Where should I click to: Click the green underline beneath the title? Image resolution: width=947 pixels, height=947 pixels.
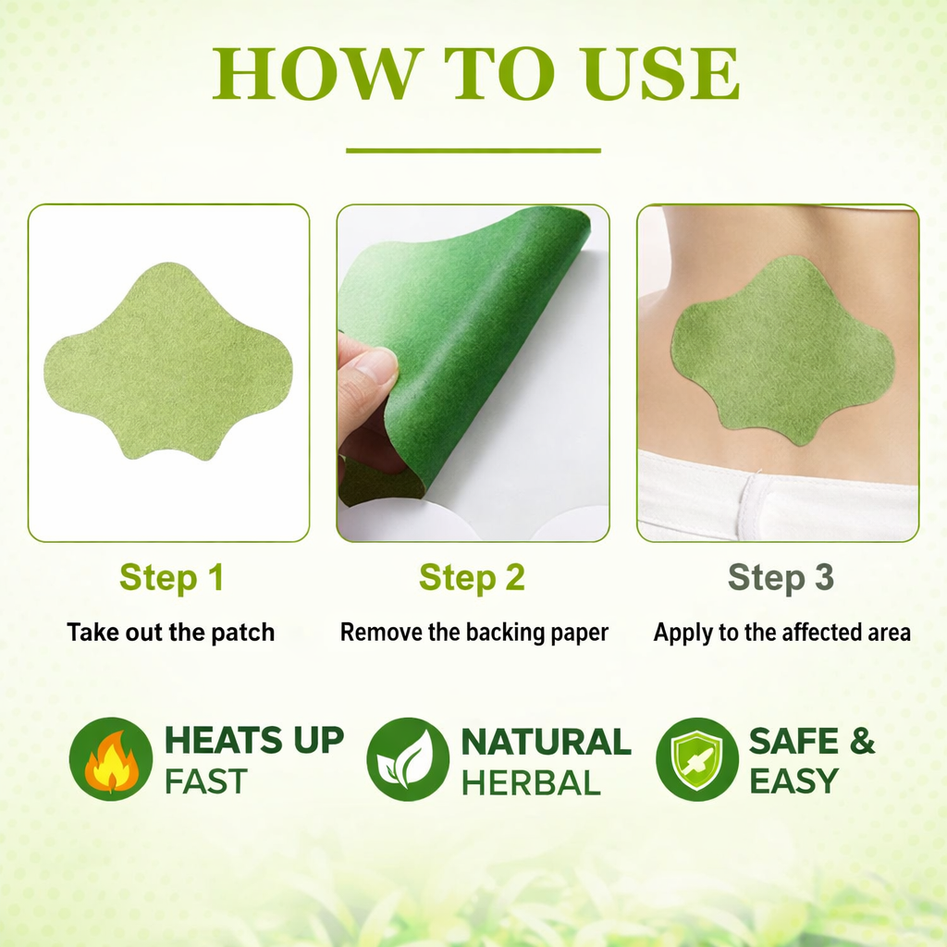[x=473, y=151]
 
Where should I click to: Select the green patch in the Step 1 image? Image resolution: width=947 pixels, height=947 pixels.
[x=168, y=362]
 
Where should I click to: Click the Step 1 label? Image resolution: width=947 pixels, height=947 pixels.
[x=171, y=577]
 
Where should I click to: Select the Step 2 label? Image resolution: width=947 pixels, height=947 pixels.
[x=472, y=577]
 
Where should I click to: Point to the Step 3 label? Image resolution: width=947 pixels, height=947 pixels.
[x=781, y=577]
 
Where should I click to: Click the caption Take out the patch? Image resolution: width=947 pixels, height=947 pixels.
[x=170, y=633]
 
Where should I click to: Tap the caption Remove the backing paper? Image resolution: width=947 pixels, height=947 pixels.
[x=474, y=633]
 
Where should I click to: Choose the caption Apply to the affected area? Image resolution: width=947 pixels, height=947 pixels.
[x=782, y=633]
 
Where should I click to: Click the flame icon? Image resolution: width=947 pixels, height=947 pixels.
[x=111, y=759]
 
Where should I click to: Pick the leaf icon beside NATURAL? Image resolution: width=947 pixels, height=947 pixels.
[x=408, y=759]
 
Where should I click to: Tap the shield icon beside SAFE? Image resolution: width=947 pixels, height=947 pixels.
[x=697, y=759]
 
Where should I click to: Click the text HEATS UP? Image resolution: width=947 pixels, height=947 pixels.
[x=254, y=740]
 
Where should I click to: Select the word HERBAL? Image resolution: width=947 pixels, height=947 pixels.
[x=531, y=782]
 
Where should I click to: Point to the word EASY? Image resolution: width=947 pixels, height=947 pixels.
[x=793, y=781]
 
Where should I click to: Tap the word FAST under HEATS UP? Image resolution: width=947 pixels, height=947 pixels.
[x=206, y=781]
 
